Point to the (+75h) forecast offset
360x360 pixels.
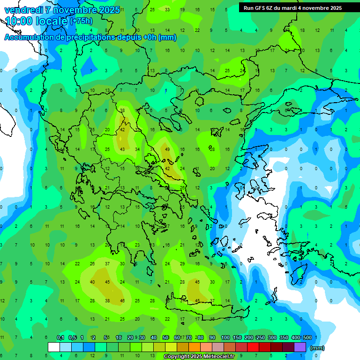[x=81, y=21]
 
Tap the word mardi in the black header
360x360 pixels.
[x=289, y=8]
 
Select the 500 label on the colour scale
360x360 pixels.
[x=307, y=338]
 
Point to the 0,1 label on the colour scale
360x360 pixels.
[x=60, y=338]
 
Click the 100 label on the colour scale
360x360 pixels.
[x=225, y=338]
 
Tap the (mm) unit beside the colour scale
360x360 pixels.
[x=317, y=348]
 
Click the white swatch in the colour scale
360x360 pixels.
[x=54, y=347]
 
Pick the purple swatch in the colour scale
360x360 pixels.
[x=300, y=347]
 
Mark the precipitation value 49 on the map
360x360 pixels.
[x=167, y=150]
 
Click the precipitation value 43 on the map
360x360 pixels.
[x=122, y=150]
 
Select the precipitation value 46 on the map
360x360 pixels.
[x=122, y=301]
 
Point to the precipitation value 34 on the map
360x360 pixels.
[x=137, y=150]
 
